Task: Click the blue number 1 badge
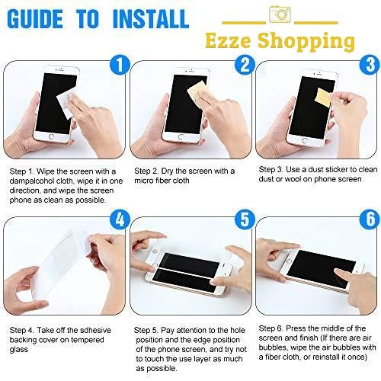120,65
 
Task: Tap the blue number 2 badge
245,65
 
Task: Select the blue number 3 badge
370,65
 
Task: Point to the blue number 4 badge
120,219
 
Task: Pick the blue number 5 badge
245,219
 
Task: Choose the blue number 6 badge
370,219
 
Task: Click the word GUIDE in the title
35,19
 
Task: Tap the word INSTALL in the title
151,19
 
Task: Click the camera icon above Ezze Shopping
280,14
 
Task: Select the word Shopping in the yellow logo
306,42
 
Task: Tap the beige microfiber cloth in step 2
197,93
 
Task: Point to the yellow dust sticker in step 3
322,97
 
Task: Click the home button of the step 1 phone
51,136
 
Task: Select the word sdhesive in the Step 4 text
95,330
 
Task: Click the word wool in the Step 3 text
293,179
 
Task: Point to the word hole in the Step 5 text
238,330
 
